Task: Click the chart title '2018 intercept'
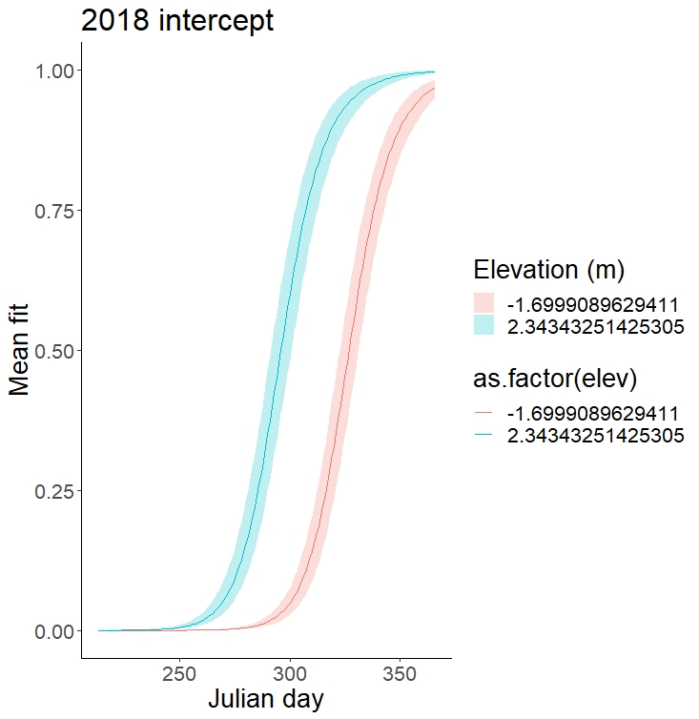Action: point(177,20)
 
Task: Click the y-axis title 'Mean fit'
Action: point(20,351)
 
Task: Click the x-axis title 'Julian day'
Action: point(265,698)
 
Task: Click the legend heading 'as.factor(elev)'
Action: point(556,379)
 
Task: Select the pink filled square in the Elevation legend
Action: point(484,304)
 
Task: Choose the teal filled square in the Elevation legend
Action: point(484,327)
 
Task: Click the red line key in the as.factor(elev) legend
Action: point(484,413)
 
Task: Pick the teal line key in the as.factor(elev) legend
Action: point(484,436)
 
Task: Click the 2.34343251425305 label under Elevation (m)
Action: point(596,327)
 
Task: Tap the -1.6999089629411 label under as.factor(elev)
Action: point(592,413)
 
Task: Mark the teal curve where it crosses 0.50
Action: point(278,351)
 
